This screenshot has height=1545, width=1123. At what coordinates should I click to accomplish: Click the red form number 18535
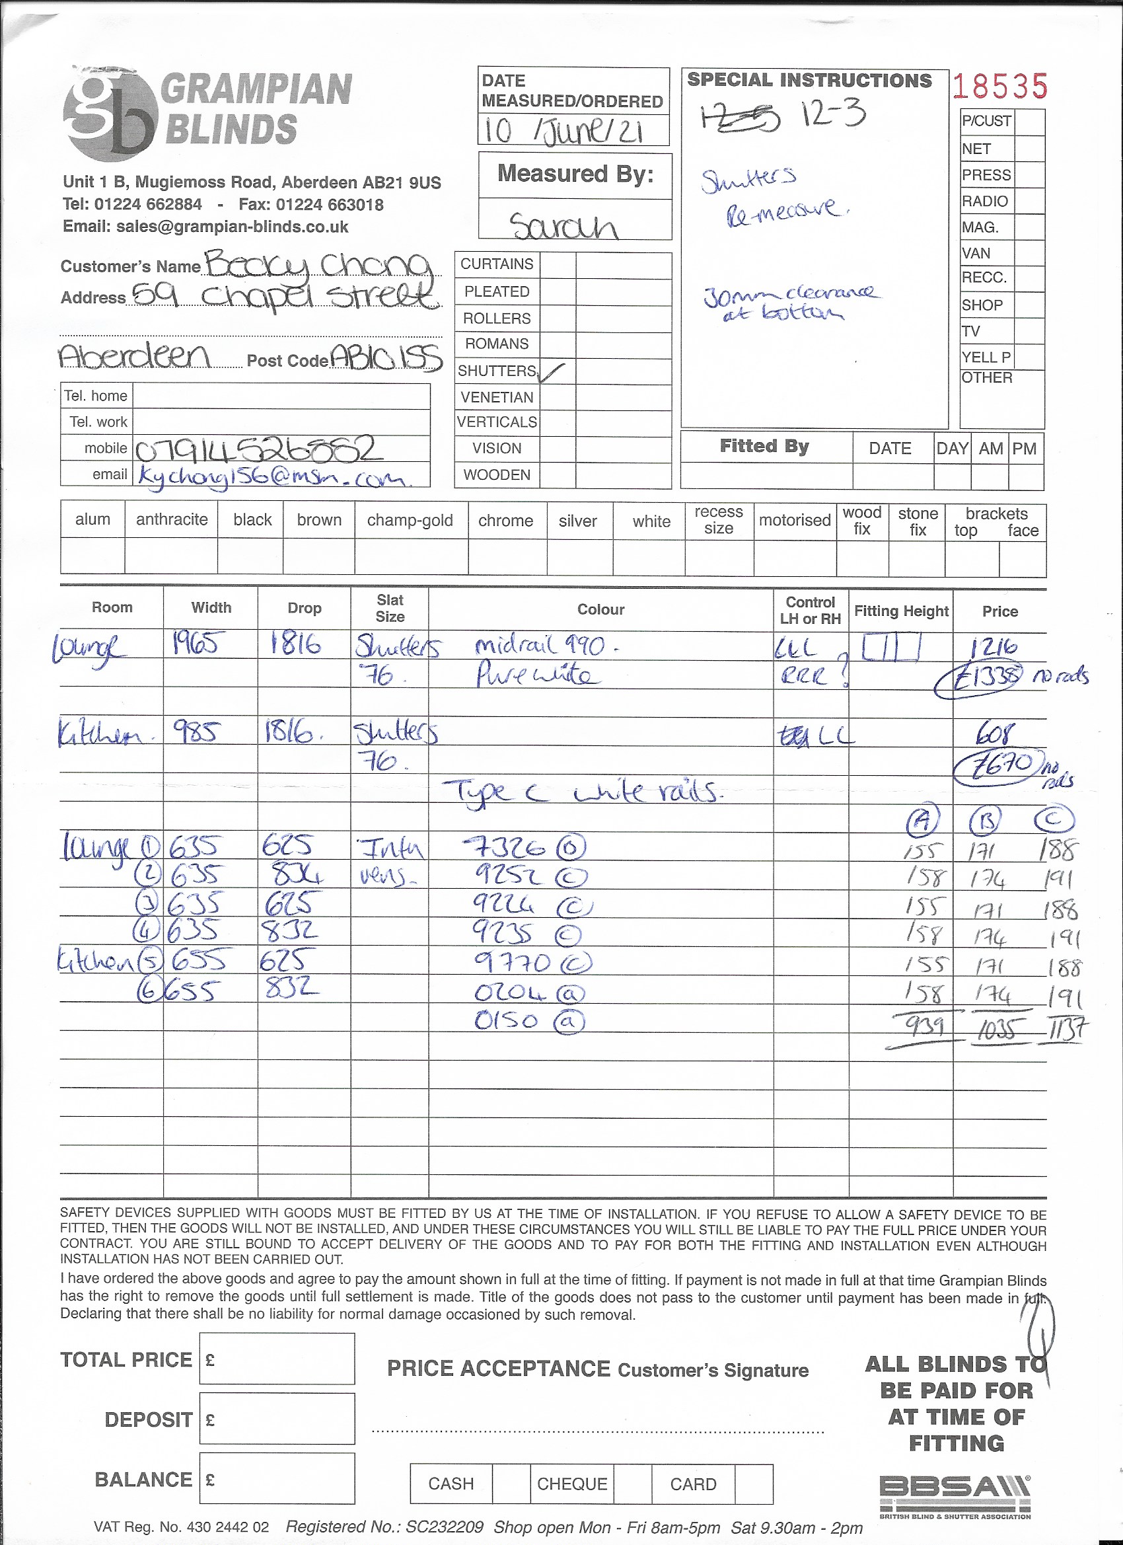[x=999, y=87]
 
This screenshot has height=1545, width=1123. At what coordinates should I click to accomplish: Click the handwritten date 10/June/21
[x=563, y=131]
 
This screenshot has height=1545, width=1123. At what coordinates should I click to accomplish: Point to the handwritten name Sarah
[x=563, y=225]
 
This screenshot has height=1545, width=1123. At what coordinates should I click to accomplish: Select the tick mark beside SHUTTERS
[x=553, y=372]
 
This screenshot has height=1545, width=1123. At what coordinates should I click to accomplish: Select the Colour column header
[x=600, y=610]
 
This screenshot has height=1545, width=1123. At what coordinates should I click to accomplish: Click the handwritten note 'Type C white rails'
[x=582, y=792]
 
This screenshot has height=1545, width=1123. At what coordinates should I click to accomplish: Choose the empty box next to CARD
[x=754, y=1484]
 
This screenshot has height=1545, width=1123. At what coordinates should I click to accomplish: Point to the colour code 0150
[x=506, y=1020]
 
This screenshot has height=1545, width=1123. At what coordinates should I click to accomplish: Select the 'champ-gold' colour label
[x=410, y=521]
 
